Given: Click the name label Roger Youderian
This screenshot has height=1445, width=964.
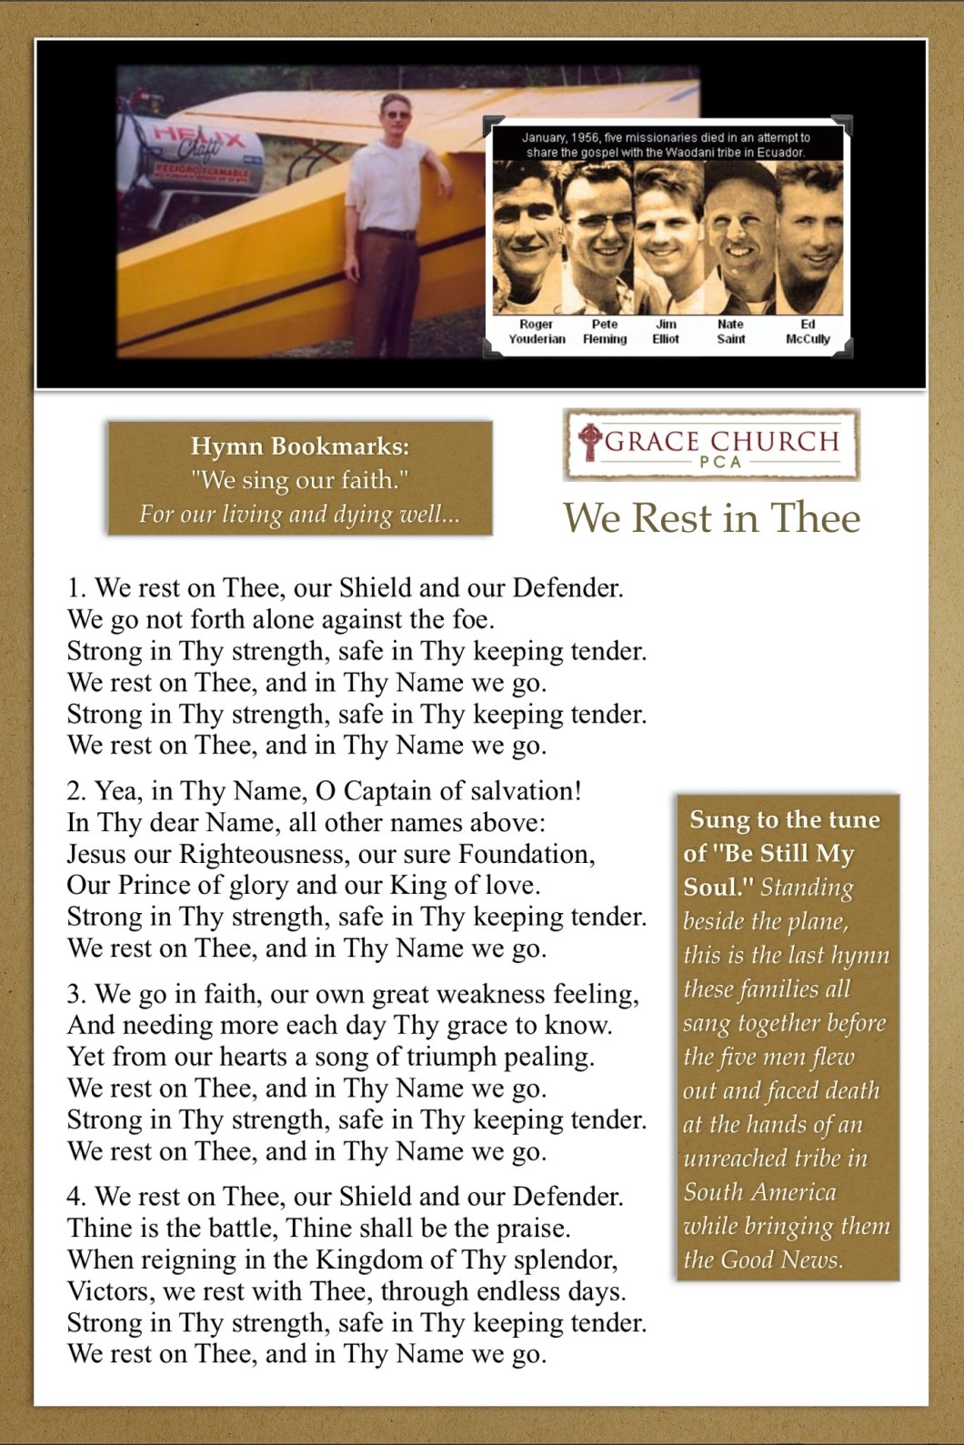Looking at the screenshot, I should (537, 332).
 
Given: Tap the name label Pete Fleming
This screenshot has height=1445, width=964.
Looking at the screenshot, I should (605, 332).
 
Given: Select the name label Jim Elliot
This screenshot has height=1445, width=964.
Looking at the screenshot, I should (666, 332).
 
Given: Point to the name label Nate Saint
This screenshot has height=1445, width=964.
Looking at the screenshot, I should (730, 332).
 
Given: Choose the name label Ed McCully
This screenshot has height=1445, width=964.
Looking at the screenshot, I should (808, 332).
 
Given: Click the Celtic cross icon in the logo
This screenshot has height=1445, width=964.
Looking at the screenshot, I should (589, 440).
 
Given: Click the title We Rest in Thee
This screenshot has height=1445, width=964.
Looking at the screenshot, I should (711, 518).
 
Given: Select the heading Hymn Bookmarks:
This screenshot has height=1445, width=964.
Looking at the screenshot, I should (300, 446).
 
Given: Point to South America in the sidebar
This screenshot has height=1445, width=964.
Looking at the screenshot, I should (759, 1192).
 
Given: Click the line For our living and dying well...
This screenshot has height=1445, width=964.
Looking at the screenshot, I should (299, 515).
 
